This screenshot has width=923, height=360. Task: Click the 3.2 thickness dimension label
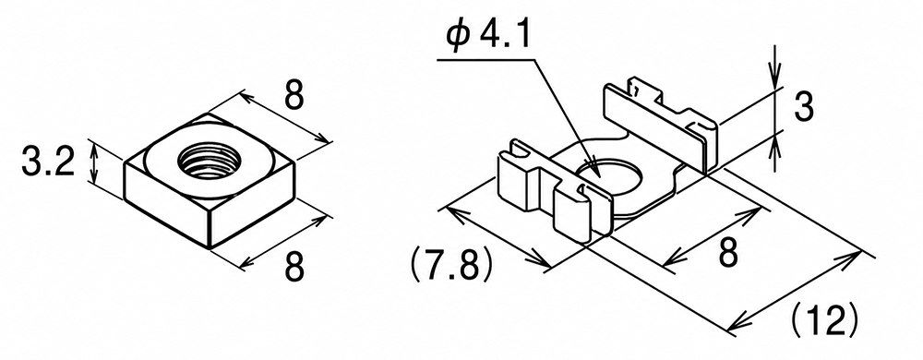coord(48,162)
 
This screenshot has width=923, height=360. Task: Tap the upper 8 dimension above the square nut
coord(294,96)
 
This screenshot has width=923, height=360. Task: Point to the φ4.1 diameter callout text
coord(488,38)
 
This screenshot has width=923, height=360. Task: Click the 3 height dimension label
coord(804,108)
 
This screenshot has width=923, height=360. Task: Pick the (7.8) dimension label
coord(450,267)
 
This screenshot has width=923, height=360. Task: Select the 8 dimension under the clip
coord(727,254)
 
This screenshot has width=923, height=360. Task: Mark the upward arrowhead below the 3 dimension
coord(776,144)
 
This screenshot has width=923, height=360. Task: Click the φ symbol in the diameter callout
coord(458,38)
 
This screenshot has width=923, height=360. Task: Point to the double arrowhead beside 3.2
coord(93,163)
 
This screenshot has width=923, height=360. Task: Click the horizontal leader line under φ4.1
coord(486,59)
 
